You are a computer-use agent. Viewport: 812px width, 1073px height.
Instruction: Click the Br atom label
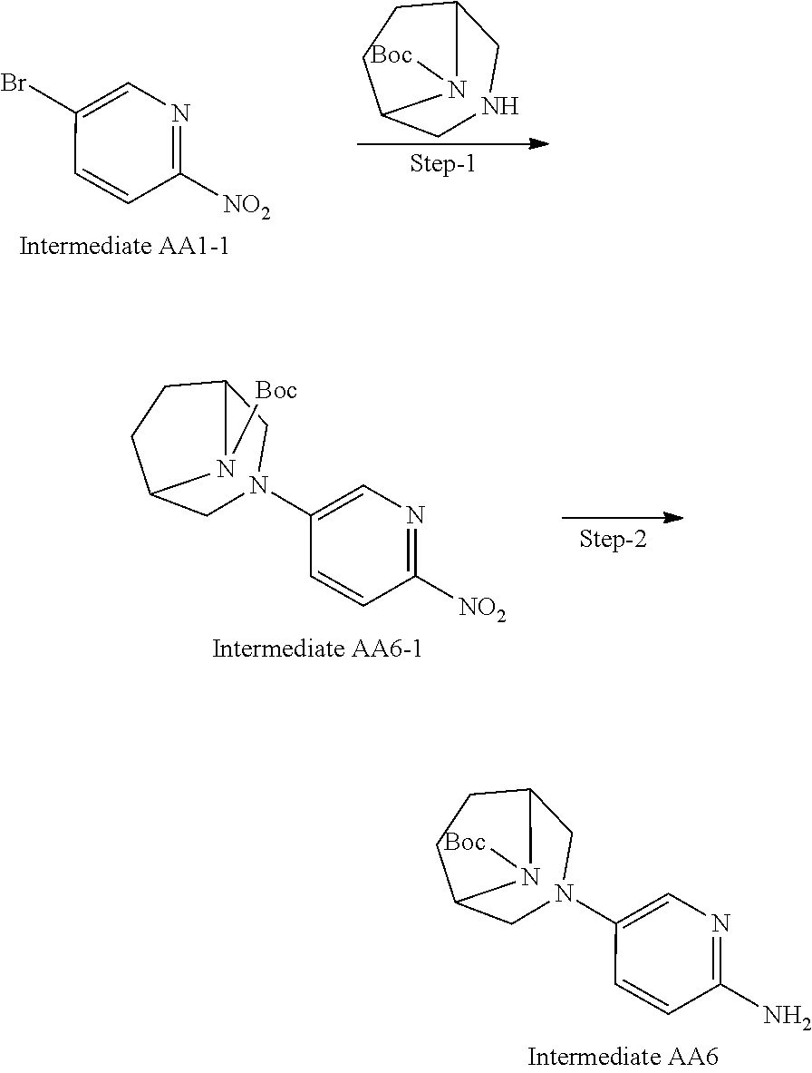pos(13,85)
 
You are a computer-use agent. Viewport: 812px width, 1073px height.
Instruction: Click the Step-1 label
pos(443,166)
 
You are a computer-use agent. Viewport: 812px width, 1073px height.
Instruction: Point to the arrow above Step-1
pos(452,144)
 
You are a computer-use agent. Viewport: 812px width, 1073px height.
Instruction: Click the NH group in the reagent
pos(499,107)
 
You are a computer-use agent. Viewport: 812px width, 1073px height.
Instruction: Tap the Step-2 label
pos(614,541)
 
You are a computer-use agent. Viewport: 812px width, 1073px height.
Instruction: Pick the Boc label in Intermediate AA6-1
pos(275,392)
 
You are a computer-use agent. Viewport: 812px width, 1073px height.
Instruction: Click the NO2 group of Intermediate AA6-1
pos(482,609)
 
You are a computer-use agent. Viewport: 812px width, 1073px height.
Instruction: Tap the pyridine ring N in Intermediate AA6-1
pos(414,516)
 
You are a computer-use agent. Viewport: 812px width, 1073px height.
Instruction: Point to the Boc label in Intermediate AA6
pos(467,843)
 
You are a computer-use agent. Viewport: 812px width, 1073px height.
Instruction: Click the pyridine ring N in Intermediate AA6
pos(720,924)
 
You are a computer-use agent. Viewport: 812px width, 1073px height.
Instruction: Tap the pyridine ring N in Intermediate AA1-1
pos(180,113)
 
